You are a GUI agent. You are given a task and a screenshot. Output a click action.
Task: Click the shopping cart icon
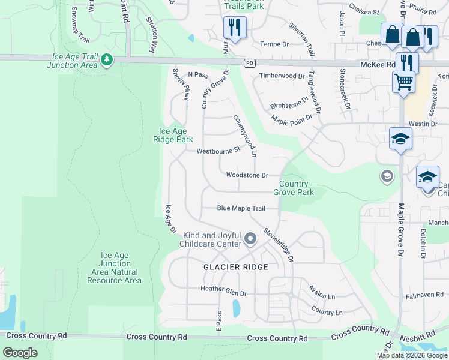tap(403, 81)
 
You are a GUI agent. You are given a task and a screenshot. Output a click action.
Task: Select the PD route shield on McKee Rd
tap(249, 63)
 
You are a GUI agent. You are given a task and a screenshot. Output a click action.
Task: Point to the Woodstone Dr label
tap(246, 175)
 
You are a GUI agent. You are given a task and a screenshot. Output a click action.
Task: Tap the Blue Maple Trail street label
tap(241, 208)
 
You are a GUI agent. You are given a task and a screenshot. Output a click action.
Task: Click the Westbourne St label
tap(218, 150)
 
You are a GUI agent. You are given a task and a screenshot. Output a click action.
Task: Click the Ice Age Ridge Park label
tap(176, 135)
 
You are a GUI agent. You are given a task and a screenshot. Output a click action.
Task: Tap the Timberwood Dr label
tap(282, 76)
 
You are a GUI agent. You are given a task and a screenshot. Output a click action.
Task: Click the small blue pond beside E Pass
tap(236, 308)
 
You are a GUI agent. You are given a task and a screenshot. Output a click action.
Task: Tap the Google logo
tap(20, 352)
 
